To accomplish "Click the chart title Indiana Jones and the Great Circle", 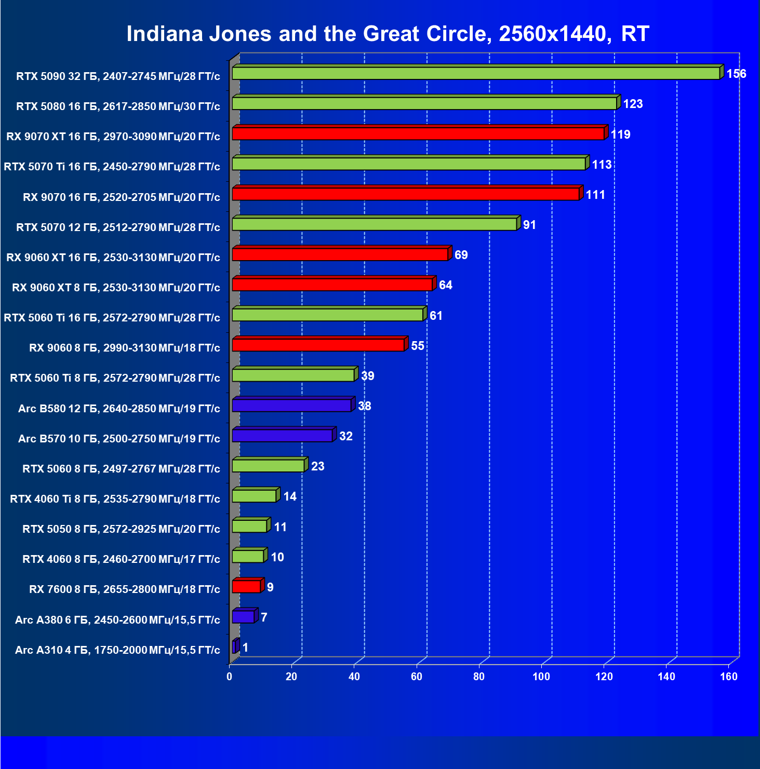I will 388,34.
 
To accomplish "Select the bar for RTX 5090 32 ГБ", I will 475,74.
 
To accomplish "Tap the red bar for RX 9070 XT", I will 418,134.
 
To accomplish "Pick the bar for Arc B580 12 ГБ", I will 291,406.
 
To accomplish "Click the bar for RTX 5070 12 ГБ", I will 374,224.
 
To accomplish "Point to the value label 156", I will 736,74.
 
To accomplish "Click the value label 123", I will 633,104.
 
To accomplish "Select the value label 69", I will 461,255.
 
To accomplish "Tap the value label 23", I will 317,466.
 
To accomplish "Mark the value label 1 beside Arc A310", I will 245,647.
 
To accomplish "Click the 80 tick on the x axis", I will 478,676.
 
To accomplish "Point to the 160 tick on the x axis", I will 728,676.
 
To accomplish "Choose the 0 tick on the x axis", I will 230,676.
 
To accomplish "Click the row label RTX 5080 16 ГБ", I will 118,106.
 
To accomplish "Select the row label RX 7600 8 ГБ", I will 125,589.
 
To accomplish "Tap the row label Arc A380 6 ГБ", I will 117,619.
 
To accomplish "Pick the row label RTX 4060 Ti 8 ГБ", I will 115,499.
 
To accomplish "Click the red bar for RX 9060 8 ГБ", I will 318,345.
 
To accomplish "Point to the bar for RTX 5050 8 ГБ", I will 249,527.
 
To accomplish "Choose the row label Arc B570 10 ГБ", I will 119,439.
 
